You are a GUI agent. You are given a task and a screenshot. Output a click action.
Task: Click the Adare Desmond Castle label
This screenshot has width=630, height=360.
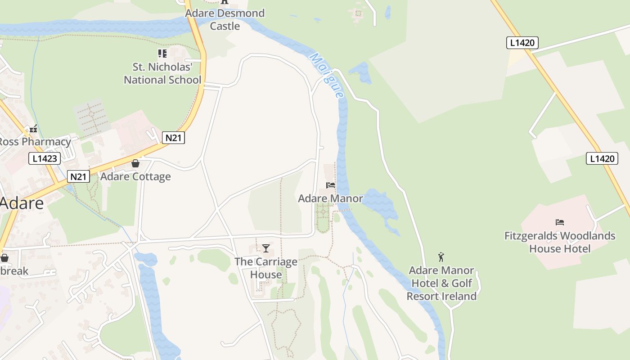coord(225,20)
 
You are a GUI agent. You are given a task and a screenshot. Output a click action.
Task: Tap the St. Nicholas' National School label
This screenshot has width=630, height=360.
coord(162,74)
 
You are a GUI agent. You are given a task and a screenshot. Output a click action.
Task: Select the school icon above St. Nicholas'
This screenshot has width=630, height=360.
coord(162,54)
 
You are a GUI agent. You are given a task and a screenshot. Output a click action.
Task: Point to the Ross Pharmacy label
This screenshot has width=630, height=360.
coord(34,142)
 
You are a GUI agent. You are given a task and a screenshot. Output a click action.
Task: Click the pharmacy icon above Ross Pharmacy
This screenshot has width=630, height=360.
coord(33,129)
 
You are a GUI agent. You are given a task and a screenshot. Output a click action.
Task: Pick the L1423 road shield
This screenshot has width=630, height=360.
coord(45,158)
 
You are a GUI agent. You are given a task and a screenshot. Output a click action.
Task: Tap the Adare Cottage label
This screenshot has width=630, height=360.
coord(135,176)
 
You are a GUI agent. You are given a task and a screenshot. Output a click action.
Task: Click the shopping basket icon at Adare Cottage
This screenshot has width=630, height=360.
coord(135,163)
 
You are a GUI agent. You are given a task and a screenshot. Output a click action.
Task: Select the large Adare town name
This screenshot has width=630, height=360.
coord(22,203)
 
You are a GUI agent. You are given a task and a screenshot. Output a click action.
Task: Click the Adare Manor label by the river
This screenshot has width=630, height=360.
coord(330,198)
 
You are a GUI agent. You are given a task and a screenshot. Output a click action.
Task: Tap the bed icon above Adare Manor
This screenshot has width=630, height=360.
coord(331,185)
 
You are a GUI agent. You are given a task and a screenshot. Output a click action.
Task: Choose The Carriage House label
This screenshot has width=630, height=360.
coord(266,268)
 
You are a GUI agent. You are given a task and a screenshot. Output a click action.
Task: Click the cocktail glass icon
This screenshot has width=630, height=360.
coord(266,248)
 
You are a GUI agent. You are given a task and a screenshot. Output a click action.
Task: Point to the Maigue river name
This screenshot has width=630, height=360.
coord(327,76)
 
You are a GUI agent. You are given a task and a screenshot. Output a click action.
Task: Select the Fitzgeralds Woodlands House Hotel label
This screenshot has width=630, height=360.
coord(559,242)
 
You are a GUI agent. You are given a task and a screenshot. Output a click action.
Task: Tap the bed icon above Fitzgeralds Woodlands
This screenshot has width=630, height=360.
coord(560,222)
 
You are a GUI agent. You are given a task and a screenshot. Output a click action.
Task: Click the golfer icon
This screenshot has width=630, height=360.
coord(441,257)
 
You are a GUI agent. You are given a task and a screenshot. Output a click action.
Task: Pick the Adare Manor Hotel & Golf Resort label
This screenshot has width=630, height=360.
coord(441,283)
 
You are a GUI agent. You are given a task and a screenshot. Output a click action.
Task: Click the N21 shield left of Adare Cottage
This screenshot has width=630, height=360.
coord(78,177)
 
